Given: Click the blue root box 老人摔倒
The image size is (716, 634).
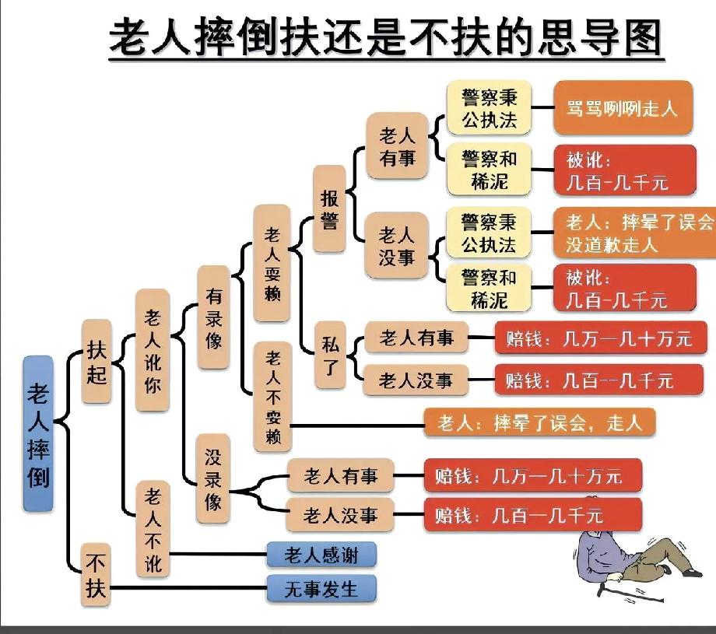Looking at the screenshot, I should point(38,433).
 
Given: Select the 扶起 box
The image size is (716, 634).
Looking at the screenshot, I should point(97,361).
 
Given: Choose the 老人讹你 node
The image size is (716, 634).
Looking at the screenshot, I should point(153,349).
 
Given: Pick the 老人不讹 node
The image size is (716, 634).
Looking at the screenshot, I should point(153,528).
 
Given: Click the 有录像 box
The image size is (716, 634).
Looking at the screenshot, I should point(213,317).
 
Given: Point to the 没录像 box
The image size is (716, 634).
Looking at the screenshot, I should point(213,477).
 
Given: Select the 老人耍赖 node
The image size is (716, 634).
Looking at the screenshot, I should point(272,263).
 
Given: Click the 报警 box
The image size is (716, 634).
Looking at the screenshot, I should point(329,208).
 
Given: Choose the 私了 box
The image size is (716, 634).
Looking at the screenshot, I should point(329,354).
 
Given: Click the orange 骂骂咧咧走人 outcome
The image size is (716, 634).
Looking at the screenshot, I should point(622,107).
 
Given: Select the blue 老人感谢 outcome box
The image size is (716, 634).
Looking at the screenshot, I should point(321,555).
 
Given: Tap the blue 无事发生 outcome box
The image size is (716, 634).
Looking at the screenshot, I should point(321,589).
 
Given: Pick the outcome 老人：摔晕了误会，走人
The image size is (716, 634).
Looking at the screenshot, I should point(539,423).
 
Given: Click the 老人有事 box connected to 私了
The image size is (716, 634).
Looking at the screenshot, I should point(416,338).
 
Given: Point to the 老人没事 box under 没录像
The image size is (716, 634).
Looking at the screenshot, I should point(340,514).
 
